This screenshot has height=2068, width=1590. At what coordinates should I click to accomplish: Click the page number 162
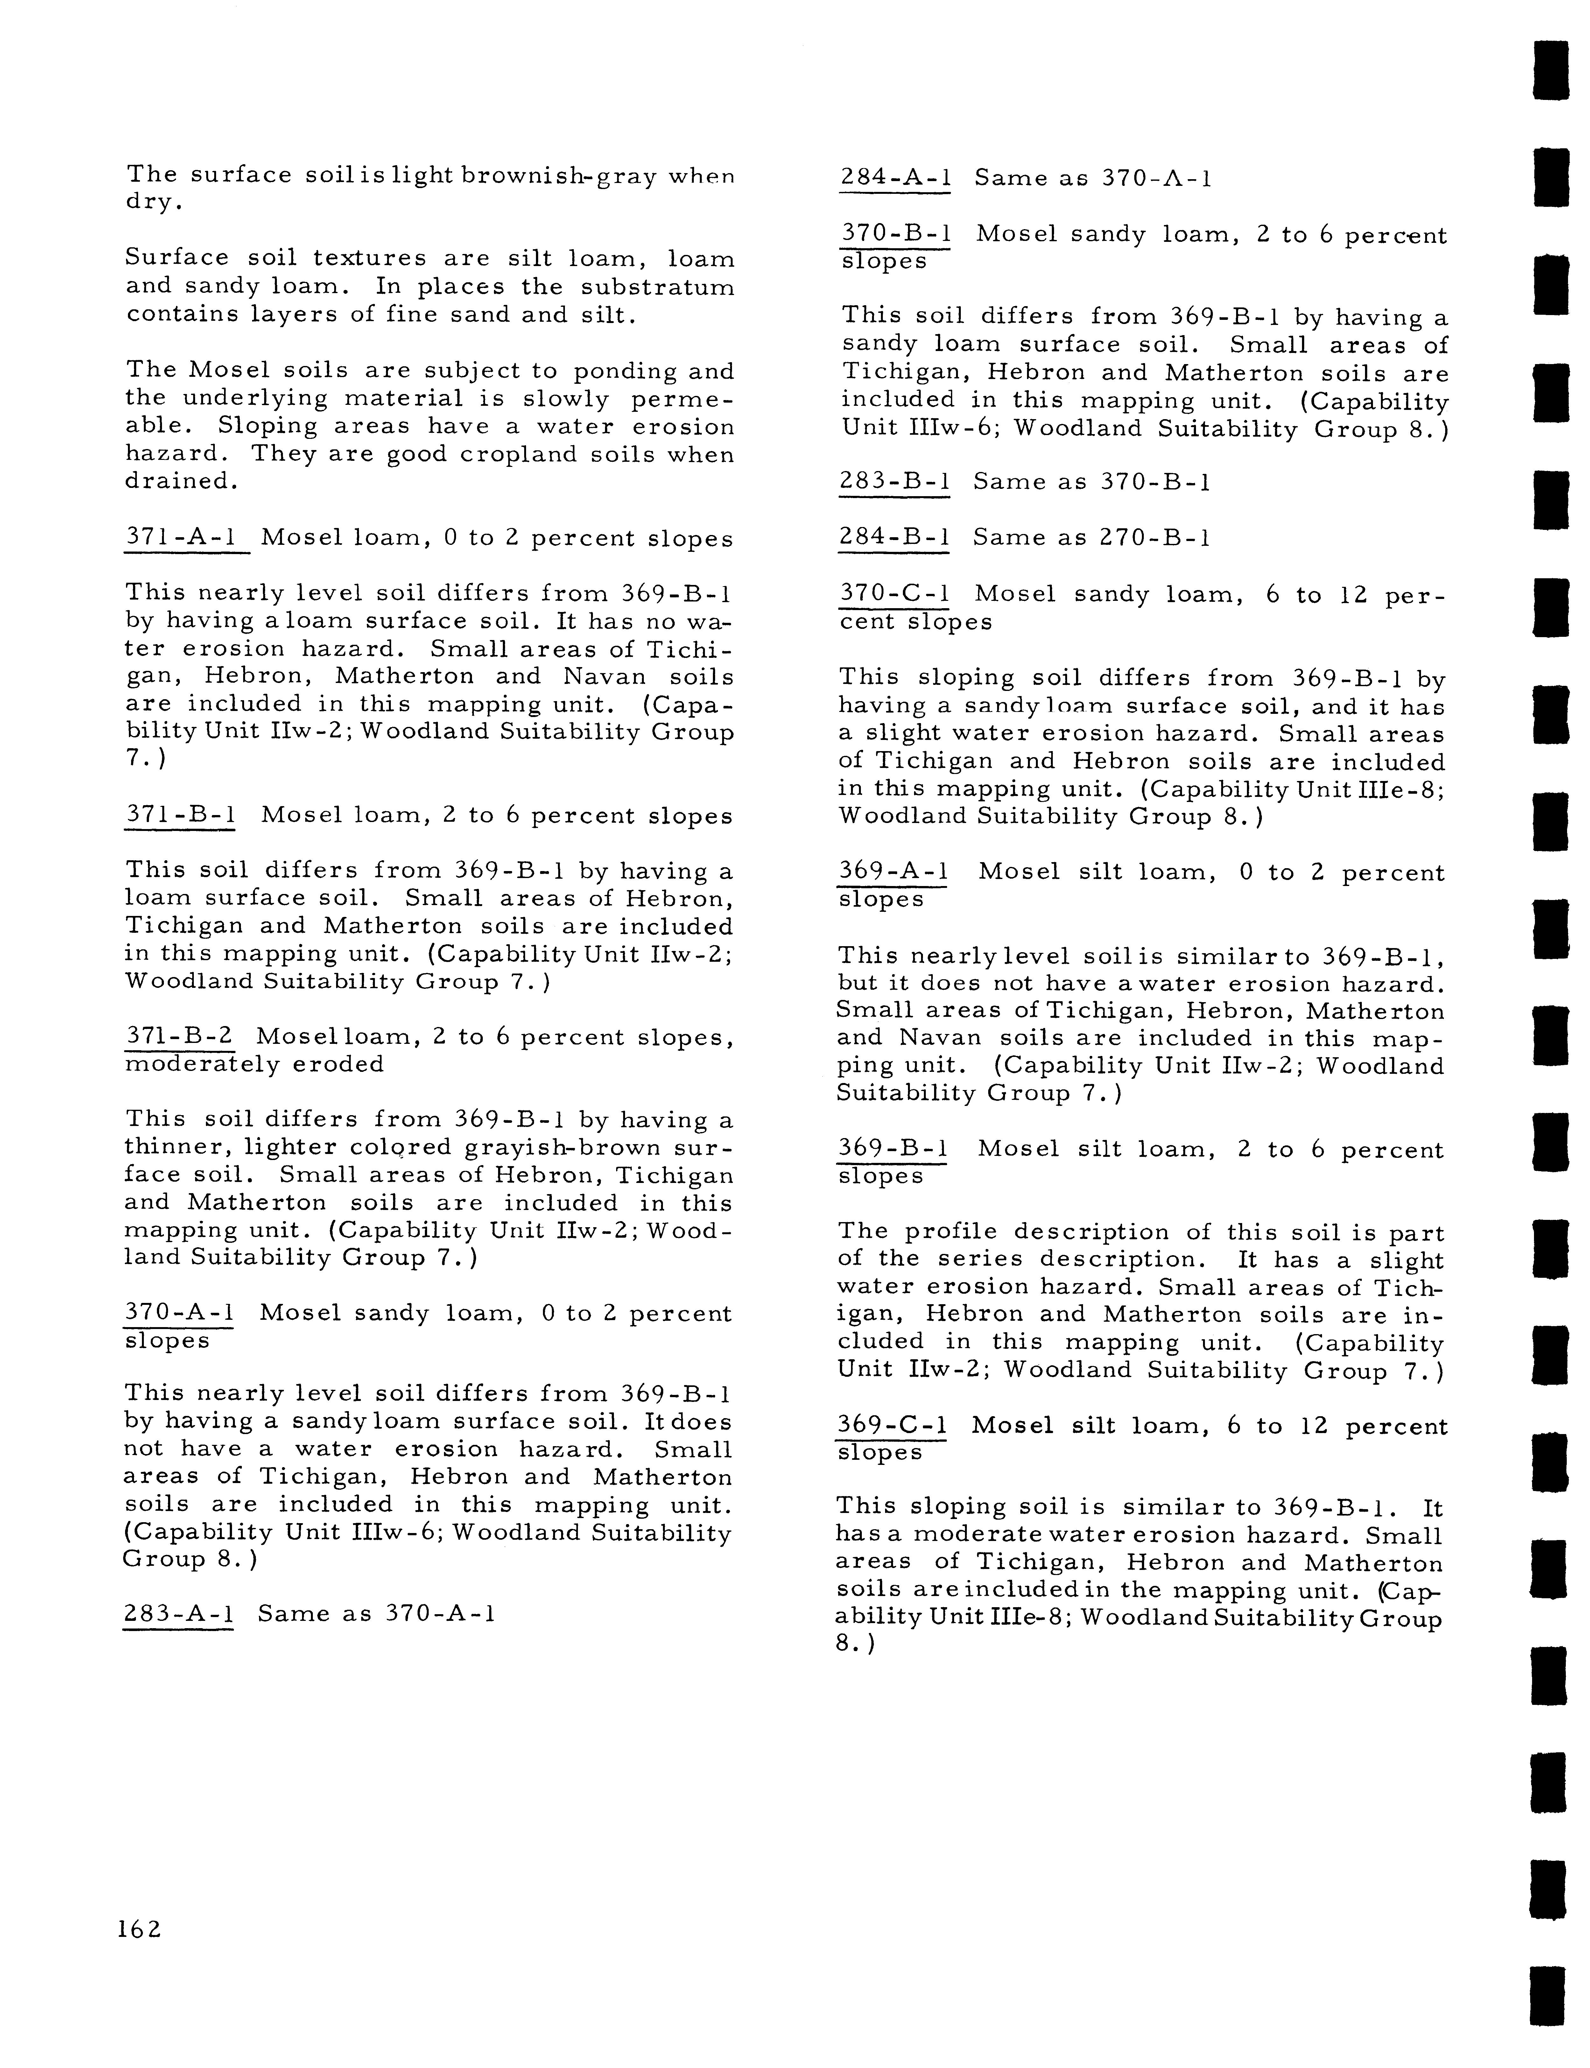[139, 1929]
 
